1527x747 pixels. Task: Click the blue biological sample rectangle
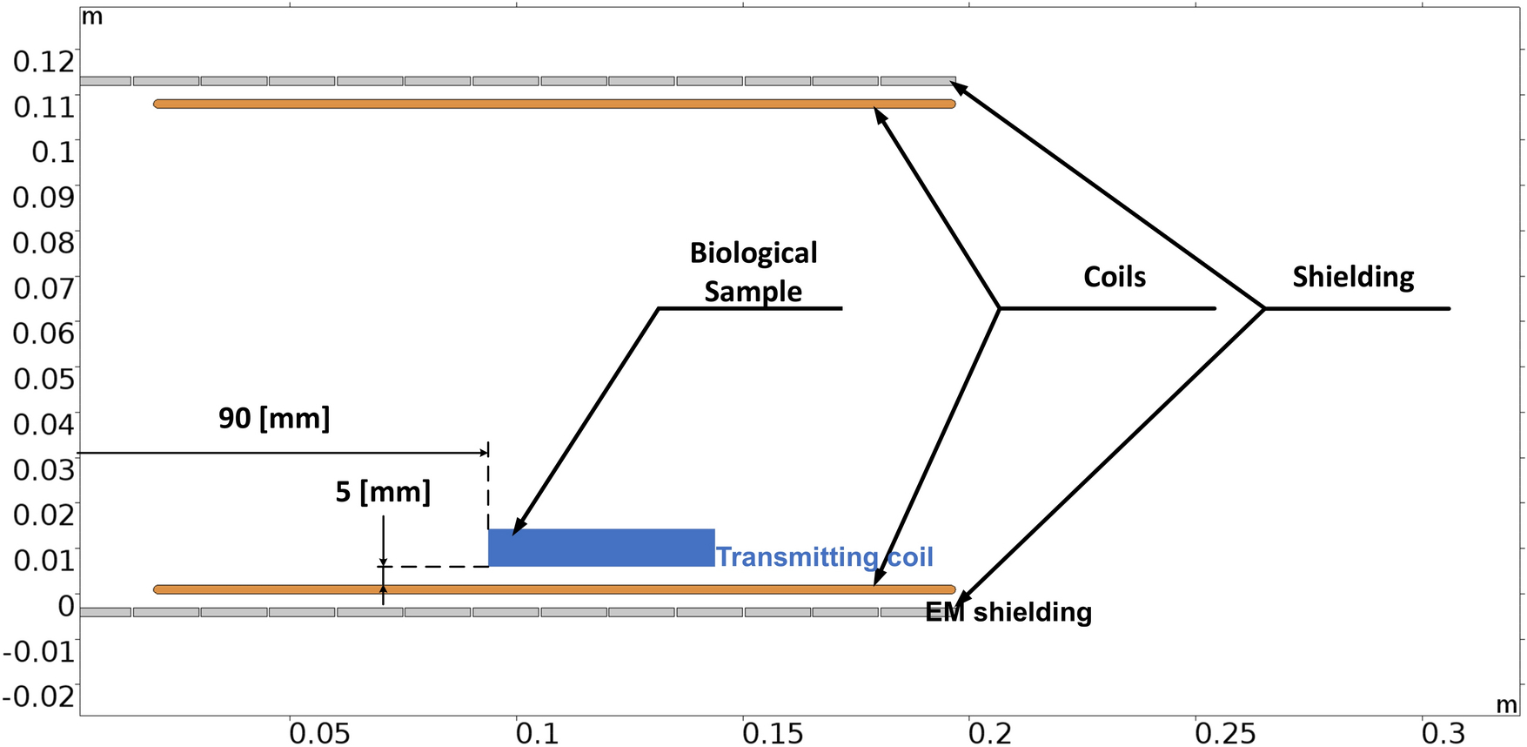coord(601,548)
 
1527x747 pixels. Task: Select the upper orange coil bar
coord(554,104)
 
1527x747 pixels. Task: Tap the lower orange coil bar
coord(554,589)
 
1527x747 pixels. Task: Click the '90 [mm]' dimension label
coord(274,418)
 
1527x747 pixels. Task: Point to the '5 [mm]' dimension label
coord(383,492)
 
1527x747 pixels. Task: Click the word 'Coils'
coord(1115,277)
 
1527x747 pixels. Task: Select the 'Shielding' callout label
coord(1353,277)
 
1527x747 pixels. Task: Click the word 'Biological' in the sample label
coord(753,252)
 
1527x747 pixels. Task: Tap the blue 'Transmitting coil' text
coord(824,556)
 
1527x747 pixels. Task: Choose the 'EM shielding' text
coord(1008,612)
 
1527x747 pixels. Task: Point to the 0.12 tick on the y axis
coord(44,61)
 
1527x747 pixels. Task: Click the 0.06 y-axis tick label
coord(44,333)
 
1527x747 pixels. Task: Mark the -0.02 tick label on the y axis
coord(38,696)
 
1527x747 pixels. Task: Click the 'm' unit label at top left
coord(91,17)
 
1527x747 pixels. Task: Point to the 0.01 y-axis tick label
coord(44,560)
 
